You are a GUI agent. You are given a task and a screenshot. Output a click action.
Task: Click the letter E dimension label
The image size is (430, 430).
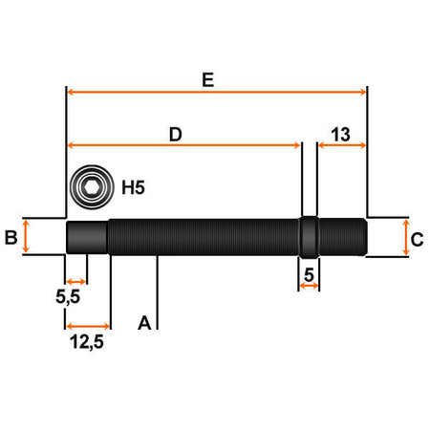click(207, 81)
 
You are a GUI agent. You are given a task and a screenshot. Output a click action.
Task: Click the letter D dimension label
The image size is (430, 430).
click(176, 135)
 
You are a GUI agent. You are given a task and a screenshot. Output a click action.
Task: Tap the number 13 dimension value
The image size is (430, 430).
click(342, 134)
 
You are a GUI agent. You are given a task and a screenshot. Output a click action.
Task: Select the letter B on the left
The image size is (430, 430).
click(11, 237)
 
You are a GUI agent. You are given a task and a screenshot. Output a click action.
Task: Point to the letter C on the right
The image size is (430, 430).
click(417, 239)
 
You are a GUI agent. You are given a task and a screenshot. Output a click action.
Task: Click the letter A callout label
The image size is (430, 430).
click(144, 322)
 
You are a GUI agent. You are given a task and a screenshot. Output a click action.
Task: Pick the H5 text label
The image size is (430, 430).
click(133, 187)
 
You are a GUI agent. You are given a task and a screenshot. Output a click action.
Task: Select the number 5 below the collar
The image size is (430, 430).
click(309, 275)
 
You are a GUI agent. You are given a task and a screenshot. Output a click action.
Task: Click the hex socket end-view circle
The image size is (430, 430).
click(92, 186)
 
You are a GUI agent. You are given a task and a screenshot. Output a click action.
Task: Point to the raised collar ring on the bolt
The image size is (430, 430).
click(310, 237)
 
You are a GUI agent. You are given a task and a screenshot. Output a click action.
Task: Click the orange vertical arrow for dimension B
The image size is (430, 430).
click(27, 236)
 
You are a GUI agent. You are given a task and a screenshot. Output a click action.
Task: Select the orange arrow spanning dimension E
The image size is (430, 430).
click(217, 93)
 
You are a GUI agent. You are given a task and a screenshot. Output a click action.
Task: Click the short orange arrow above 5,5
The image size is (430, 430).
click(76, 282)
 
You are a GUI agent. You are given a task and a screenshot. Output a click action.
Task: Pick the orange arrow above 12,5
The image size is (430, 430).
click(88, 325)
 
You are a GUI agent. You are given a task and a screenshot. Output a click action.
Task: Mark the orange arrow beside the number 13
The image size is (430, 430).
click(342, 145)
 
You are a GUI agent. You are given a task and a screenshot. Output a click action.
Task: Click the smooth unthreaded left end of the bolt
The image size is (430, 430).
click(86, 236)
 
